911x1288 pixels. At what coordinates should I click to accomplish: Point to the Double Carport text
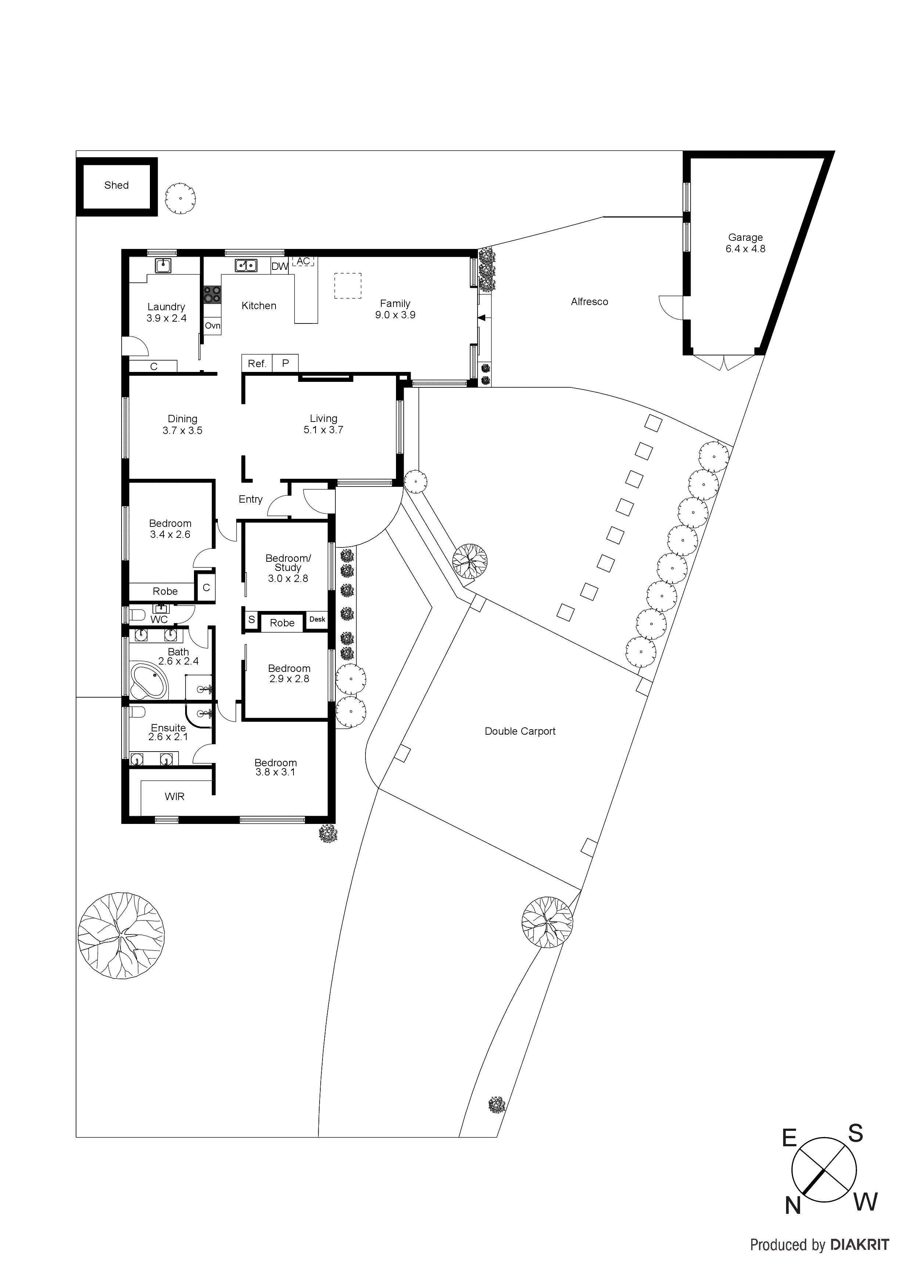(x=520, y=731)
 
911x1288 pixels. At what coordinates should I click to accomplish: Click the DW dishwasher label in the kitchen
(x=280, y=267)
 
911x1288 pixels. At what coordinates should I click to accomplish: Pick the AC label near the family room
(x=303, y=261)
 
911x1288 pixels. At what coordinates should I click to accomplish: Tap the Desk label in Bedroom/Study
(x=317, y=619)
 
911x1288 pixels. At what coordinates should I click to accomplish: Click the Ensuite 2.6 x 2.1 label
(x=168, y=732)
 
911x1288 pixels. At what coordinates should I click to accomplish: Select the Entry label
(x=251, y=499)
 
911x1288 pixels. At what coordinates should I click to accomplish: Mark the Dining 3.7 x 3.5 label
(x=183, y=425)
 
